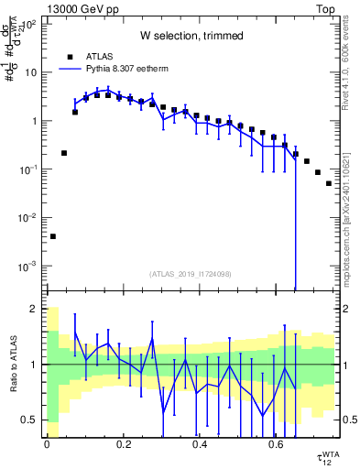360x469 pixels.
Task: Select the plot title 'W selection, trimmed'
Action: (x=191, y=36)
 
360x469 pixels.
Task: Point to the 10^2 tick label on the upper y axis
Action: (x=27, y=25)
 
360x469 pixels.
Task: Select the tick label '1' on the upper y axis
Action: (x=34, y=121)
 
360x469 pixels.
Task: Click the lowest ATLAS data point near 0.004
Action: (x=53, y=236)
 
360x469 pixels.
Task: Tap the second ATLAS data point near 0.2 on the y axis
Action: (x=64, y=153)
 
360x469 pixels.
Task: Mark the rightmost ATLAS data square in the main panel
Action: (x=329, y=183)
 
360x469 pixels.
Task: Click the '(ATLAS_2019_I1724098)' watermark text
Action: (x=191, y=273)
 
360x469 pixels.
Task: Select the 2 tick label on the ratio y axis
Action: (x=34, y=309)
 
